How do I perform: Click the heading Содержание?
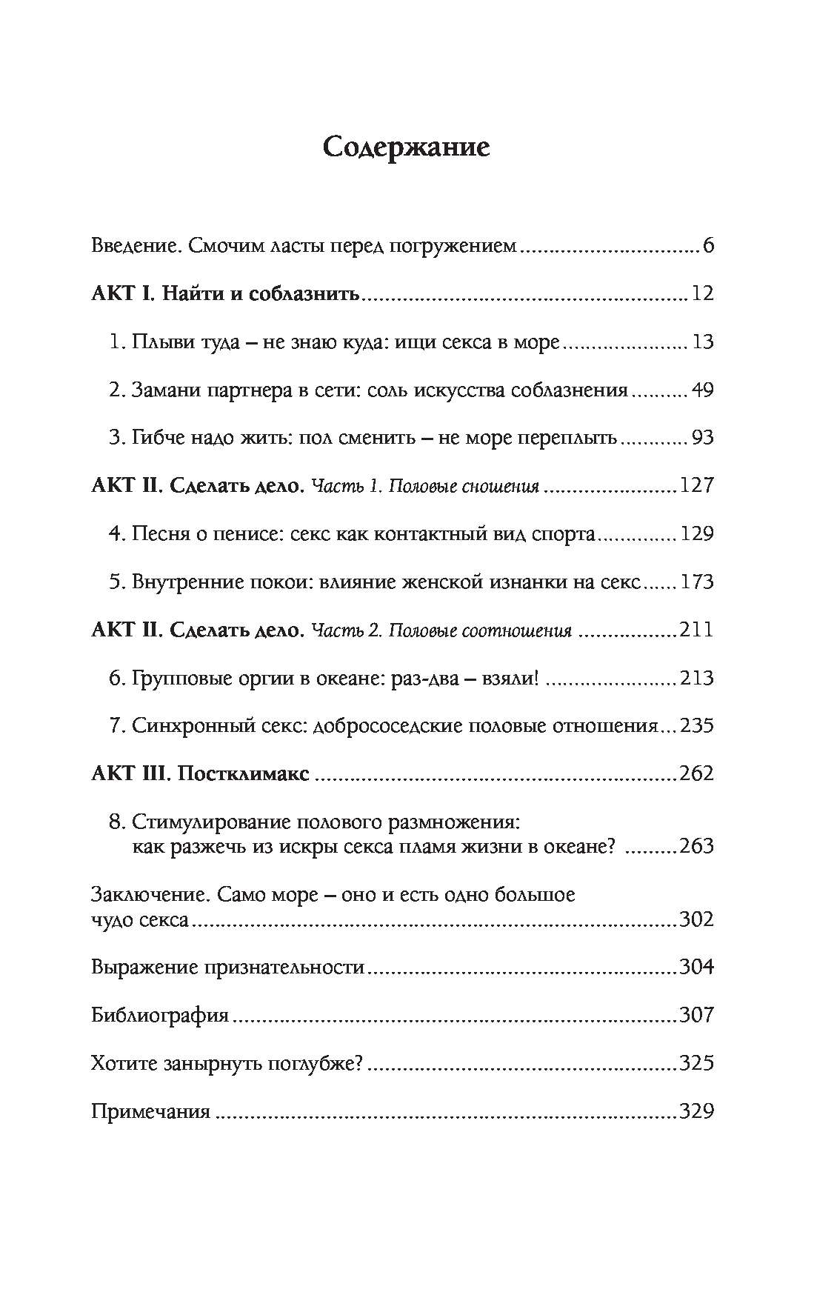[x=407, y=147]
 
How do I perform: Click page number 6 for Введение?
[x=707, y=246]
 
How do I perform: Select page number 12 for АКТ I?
[x=701, y=294]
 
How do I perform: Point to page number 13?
[x=701, y=342]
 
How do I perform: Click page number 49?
[x=701, y=390]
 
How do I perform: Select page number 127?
[x=696, y=486]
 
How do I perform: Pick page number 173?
[x=696, y=582]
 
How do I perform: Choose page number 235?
[x=696, y=726]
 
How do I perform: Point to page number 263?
[x=696, y=846]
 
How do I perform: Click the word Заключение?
[x=148, y=895]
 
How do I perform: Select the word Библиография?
[x=160, y=1015]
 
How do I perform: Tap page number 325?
[x=696, y=1063]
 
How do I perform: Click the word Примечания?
[x=151, y=1111]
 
